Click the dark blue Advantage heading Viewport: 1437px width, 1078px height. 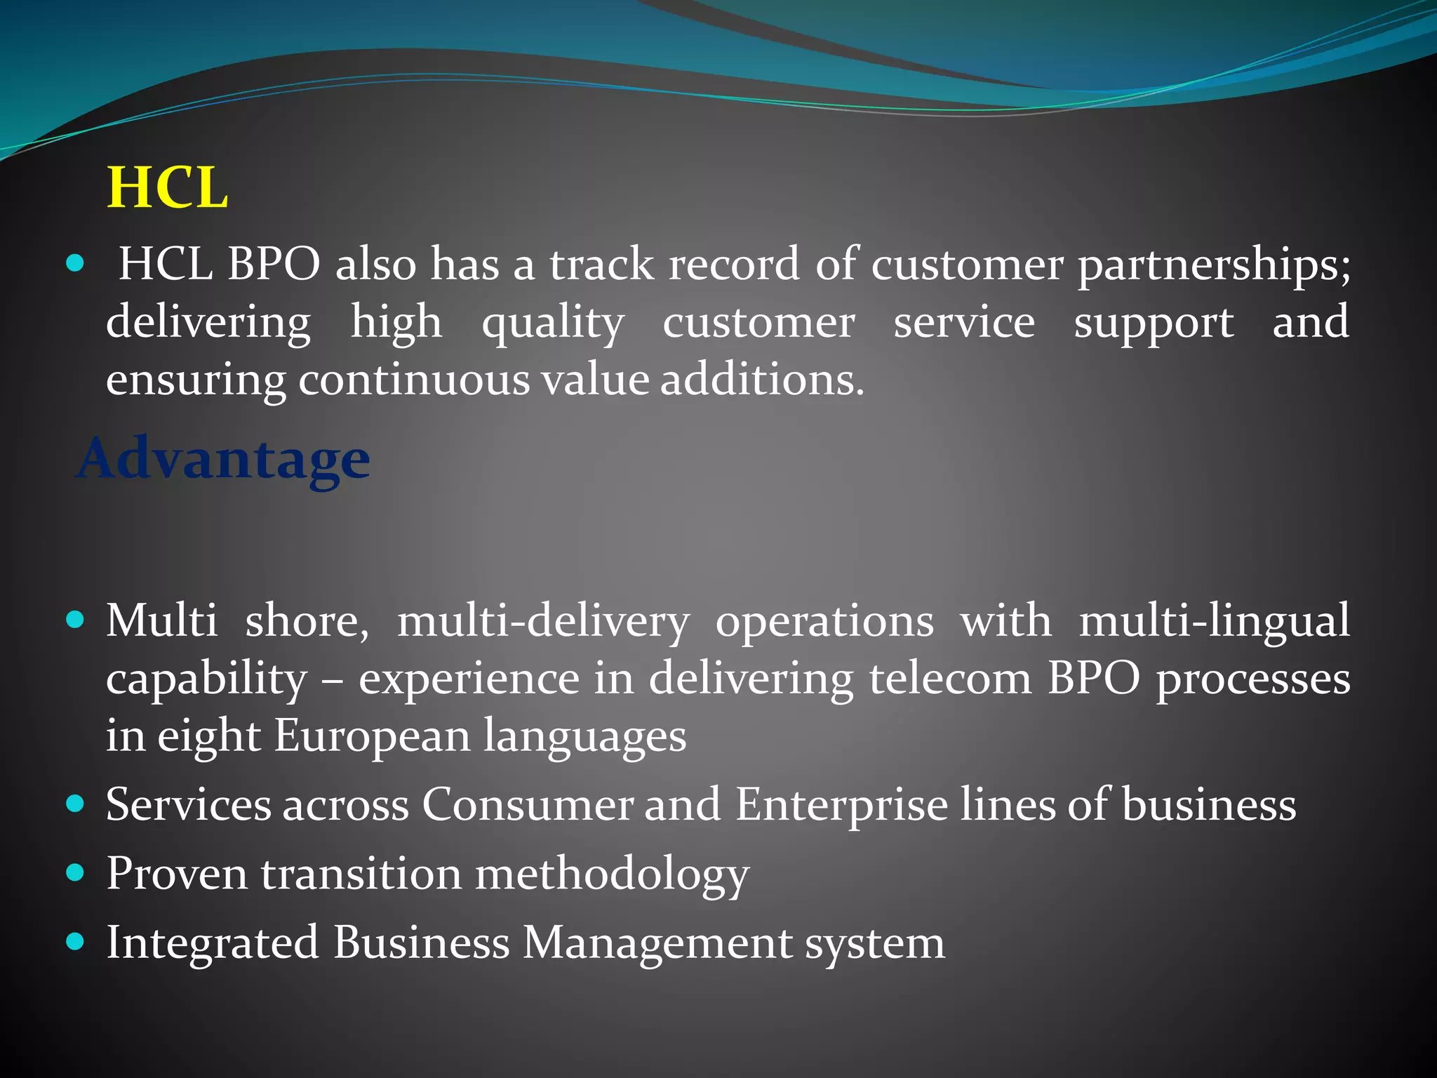[223, 459]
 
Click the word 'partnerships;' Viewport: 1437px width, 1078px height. [1214, 265]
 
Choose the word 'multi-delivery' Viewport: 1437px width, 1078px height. [543, 622]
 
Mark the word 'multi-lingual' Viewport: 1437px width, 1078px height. [1214, 622]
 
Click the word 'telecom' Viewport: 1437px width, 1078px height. [951, 679]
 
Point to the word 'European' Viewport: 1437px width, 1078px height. [372, 737]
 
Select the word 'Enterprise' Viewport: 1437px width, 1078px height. [841, 804]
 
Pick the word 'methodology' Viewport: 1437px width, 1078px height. [612, 874]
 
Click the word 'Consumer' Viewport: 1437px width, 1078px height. [527, 804]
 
